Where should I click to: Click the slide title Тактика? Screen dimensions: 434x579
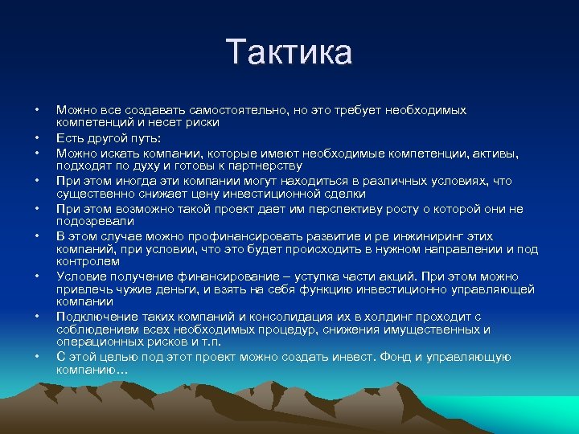pos(289,52)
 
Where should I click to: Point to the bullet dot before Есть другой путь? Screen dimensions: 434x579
pos(37,138)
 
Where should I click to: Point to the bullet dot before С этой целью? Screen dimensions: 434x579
pos(37,357)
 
